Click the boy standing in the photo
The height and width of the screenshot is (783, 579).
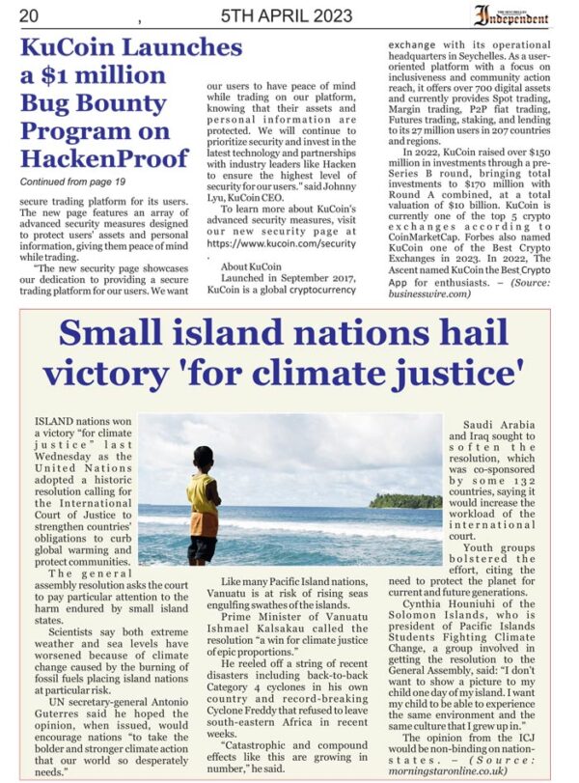tap(203, 502)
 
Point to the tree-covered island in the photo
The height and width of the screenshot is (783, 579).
tap(405, 501)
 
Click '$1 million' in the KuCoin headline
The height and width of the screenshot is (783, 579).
tap(83, 74)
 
